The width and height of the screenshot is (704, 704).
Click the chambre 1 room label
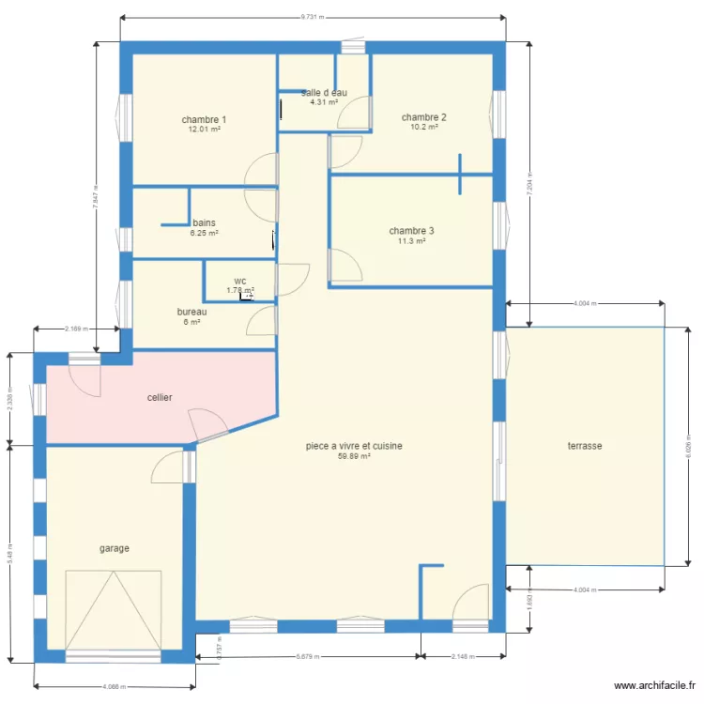pos(204,119)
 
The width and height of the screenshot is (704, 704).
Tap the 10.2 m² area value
pos(423,128)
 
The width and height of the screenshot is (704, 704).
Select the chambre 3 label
pos(411,231)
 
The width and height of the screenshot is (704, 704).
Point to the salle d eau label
pos(325,92)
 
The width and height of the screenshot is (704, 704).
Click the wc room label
pos(240,281)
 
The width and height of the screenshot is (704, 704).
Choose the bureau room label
pos(191,312)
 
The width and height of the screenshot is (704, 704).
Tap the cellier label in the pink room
pos(160,398)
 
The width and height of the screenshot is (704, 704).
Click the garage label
pos(115,548)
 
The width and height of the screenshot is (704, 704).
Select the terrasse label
pos(584,446)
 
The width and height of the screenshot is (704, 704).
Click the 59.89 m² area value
pos(354,457)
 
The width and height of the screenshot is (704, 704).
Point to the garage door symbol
pos(113,610)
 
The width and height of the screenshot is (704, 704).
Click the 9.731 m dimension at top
pos(314,17)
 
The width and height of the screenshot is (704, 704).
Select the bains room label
pos(204,222)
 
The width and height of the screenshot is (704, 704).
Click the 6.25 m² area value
pos(204,233)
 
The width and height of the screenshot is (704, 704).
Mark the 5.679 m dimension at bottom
pos(307,657)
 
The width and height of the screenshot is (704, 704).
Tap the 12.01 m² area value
pos(204,130)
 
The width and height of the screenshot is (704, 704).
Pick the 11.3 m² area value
pos(411,241)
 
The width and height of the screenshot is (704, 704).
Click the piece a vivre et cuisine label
pos(354,446)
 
